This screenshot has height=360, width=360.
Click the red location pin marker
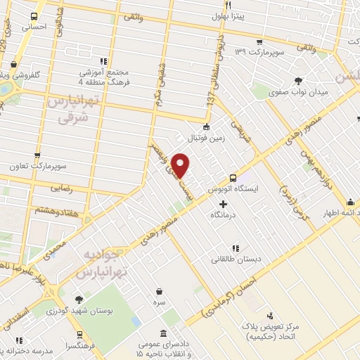click(x=181, y=165)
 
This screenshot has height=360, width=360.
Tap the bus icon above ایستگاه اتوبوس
click(x=233, y=179)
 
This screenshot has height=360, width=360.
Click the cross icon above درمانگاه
click(x=224, y=204)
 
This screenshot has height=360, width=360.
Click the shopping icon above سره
click(x=160, y=291)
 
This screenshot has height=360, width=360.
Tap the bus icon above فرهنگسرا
click(x=78, y=333)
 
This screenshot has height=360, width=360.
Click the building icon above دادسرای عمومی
click(x=164, y=333)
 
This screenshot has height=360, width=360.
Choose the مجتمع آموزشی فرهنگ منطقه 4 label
click(x=105, y=77)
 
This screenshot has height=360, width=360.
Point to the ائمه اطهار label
click(x=338, y=212)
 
